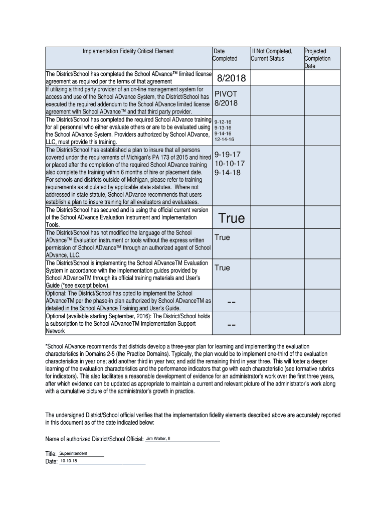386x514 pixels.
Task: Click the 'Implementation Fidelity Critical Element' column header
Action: [128, 51]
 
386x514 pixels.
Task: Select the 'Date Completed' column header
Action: [225, 55]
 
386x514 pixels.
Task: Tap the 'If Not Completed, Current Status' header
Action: [271, 55]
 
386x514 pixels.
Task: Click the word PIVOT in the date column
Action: [226, 94]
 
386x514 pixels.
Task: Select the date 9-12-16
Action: [223, 121]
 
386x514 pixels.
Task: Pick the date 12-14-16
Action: [224, 139]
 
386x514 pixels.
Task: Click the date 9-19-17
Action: [228, 155]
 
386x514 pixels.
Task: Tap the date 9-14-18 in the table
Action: [228, 172]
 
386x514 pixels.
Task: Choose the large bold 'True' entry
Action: [231, 218]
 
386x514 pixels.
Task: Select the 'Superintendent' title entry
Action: [73, 453]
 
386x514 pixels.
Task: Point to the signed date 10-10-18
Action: [69, 461]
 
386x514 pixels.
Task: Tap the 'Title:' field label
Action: [51, 454]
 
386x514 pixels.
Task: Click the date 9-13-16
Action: [223, 127]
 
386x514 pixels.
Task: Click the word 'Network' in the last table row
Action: [56, 331]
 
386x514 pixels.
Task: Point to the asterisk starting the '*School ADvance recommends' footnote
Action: [47, 347]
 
